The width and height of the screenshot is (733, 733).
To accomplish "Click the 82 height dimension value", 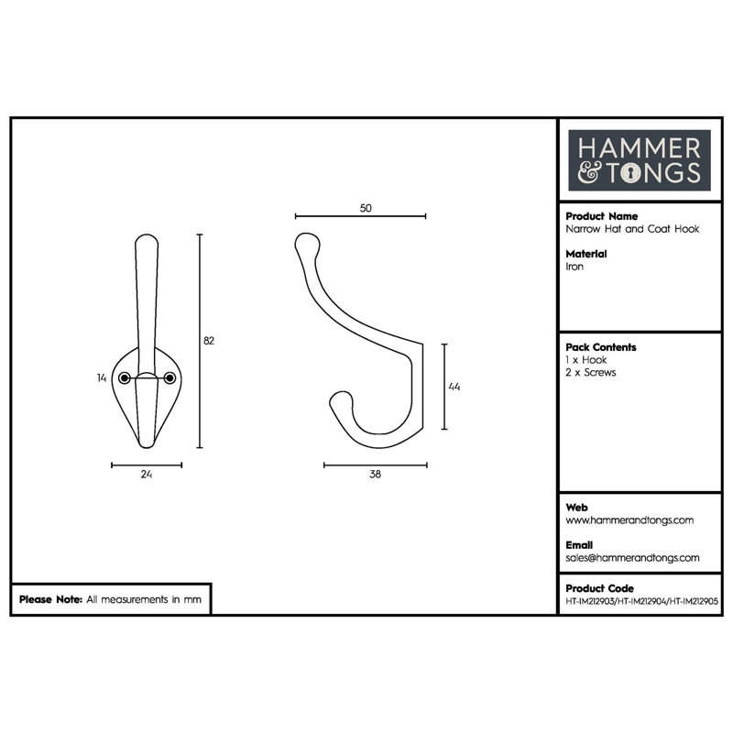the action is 209,341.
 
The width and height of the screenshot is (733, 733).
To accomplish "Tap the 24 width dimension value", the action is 147,474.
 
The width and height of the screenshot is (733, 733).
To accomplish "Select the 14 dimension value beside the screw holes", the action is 102,377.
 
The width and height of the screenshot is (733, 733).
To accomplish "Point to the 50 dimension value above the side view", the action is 366,208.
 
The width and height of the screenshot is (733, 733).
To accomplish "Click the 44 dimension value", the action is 454,387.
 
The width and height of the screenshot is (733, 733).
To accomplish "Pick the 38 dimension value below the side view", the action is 375,474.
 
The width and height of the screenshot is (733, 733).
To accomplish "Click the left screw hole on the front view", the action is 124,377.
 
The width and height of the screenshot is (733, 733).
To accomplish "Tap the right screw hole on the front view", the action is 170,377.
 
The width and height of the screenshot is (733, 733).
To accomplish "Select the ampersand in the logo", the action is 588,173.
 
